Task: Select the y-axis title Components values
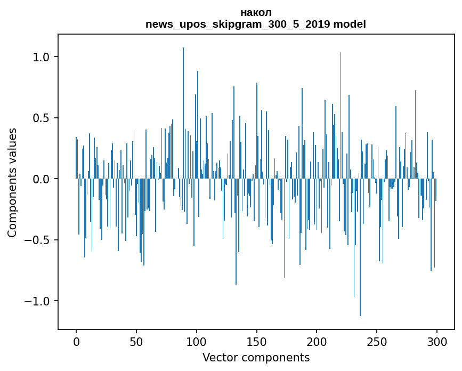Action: click(12, 182)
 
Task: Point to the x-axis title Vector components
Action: click(256, 358)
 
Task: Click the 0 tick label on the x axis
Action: click(76, 341)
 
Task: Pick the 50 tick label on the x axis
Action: click(136, 341)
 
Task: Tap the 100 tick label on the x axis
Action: click(197, 341)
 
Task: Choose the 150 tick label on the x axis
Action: click(257, 341)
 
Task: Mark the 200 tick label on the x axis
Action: click(317, 341)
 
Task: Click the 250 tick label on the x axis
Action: click(377, 341)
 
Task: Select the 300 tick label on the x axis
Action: click(437, 341)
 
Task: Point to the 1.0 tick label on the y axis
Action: click(41, 57)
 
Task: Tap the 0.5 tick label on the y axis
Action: click(41, 118)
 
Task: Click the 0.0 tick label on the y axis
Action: click(41, 179)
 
